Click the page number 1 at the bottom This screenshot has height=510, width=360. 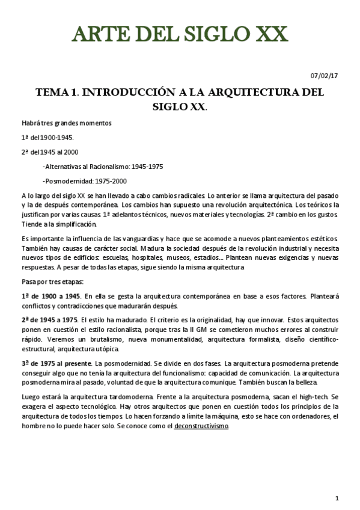338,498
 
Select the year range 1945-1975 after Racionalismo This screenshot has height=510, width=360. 147,167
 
